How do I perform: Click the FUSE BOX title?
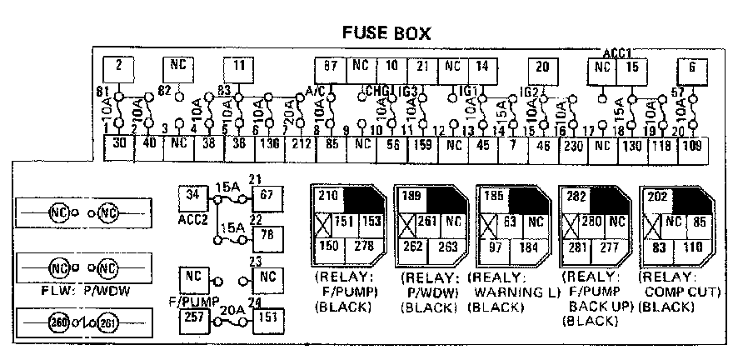click(388, 34)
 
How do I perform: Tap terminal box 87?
click(330, 67)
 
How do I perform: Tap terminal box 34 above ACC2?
click(193, 197)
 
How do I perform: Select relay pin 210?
click(327, 197)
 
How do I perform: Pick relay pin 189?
click(410, 197)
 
